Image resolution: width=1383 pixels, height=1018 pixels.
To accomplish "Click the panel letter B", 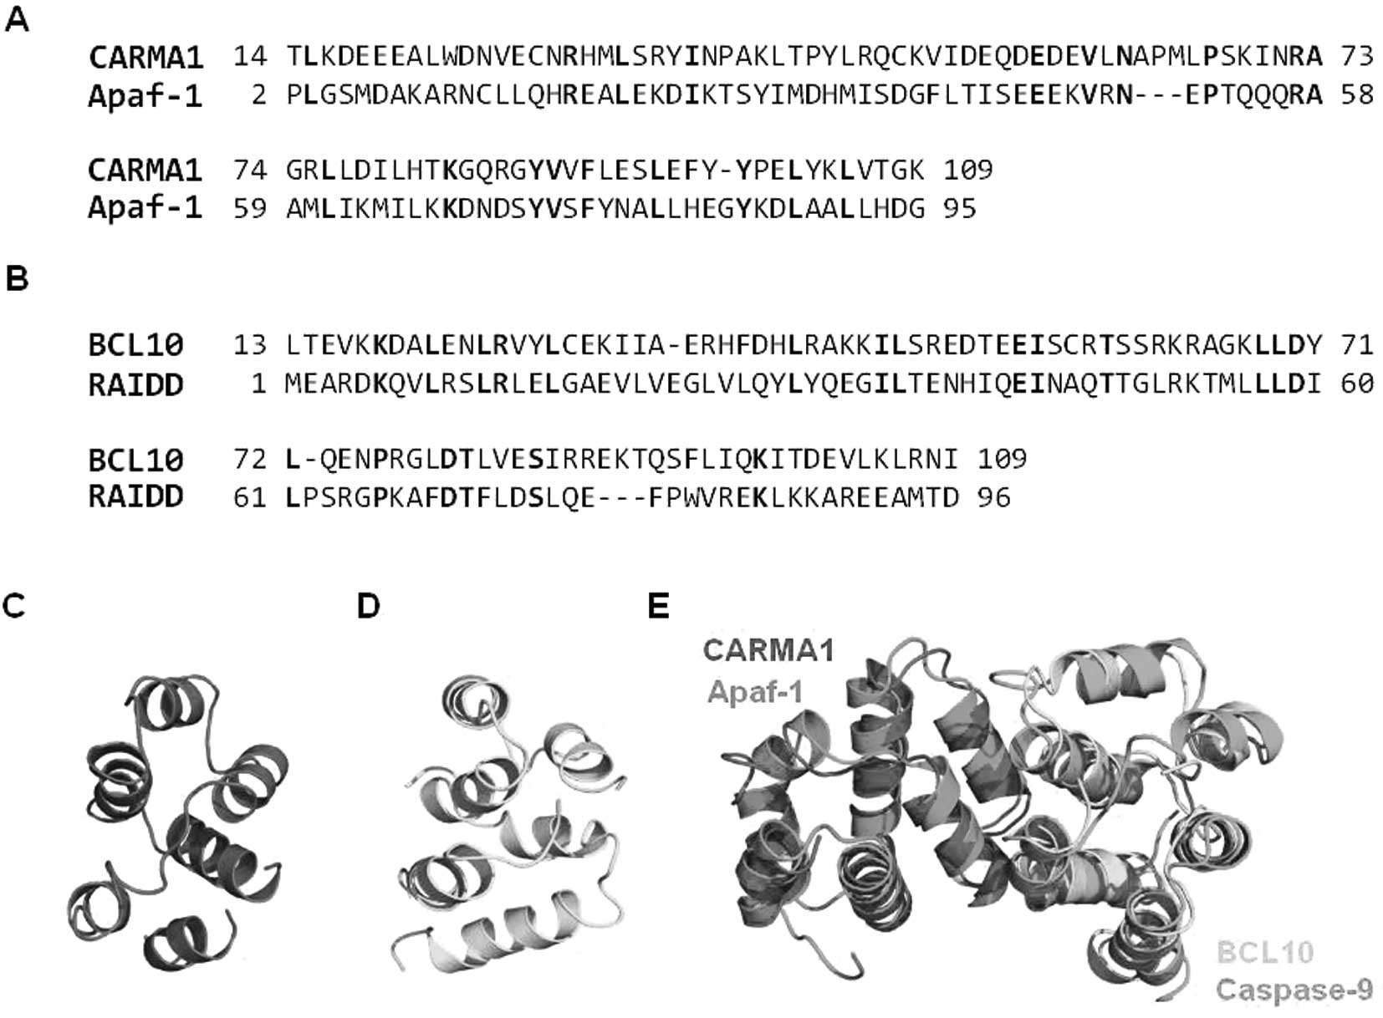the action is click(x=17, y=278).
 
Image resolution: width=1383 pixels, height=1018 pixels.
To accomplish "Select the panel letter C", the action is click(x=14, y=605).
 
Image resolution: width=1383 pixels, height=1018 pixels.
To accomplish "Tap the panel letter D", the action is click(x=368, y=606).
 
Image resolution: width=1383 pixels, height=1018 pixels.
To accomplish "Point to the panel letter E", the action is click(x=658, y=606).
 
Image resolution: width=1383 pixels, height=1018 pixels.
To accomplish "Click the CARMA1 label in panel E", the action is click(x=768, y=650).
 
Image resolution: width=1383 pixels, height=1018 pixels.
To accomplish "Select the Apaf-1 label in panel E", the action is click(x=754, y=692).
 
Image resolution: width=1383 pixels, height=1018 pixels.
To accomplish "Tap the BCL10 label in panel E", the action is click(x=1265, y=952).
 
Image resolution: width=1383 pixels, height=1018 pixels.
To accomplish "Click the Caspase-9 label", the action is click(x=1294, y=990).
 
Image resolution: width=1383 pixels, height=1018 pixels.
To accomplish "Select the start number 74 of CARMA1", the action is click(x=250, y=170).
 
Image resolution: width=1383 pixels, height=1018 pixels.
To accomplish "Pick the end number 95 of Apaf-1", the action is click(x=960, y=208).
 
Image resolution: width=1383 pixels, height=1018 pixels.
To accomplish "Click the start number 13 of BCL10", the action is click(x=250, y=344).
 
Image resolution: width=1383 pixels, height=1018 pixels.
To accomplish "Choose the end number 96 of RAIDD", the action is click(x=993, y=498).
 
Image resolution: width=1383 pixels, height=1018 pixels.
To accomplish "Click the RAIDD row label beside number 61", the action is click(x=135, y=496).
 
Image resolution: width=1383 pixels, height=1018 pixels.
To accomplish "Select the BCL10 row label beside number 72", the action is click(x=135, y=459).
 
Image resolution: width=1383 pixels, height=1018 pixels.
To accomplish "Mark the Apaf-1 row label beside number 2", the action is click(x=145, y=96).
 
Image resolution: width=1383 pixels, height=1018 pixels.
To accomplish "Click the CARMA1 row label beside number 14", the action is click(x=145, y=57).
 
